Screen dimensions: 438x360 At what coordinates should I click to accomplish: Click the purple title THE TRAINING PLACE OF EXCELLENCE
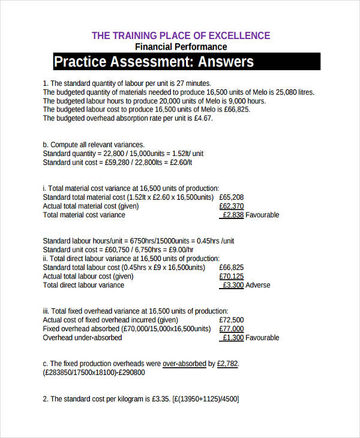pos(181,35)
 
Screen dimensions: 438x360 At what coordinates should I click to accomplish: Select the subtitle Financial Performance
pos(181,47)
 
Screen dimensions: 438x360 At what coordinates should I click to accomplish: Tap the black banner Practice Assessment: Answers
pos(154,62)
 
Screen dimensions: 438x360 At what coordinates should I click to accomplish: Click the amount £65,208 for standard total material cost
pos(232,197)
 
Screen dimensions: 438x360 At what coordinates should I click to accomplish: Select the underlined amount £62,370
pos(232,206)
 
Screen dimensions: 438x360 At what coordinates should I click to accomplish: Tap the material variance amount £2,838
pos(233,215)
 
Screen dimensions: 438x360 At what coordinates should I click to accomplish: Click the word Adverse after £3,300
pos(258,285)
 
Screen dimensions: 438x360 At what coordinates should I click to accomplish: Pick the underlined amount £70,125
pos(232,276)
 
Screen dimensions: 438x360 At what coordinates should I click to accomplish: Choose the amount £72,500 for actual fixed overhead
pos(232,320)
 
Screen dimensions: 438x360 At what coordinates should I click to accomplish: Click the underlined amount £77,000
pos(232,329)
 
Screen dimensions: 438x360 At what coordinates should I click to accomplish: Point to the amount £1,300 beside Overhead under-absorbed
pos(233,338)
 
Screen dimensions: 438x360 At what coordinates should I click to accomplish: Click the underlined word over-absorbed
pos(184,364)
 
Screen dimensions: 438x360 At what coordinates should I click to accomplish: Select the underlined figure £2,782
pos(227,364)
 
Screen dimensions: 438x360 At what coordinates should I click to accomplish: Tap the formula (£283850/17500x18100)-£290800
pos(94,373)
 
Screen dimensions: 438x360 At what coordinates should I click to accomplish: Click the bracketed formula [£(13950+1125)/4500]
pos(205,399)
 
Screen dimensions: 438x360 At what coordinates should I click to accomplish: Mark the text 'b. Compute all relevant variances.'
pos(94,145)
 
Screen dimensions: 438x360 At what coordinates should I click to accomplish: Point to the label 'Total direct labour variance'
pos(83,285)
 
